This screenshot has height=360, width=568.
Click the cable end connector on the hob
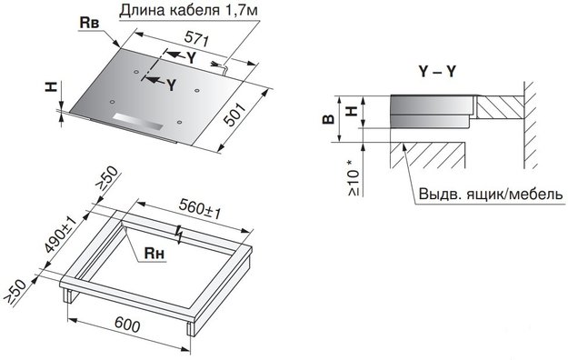coord(221,65)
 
